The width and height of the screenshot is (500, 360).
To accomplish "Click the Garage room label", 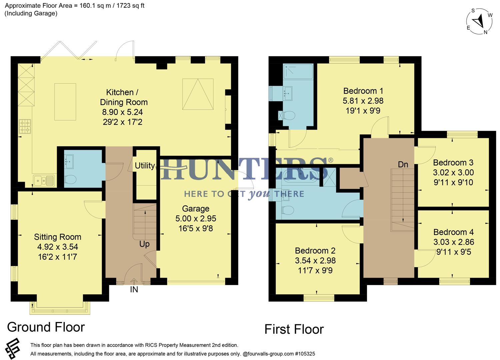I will click(196, 209).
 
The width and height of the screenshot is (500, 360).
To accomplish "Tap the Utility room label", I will click(145, 166).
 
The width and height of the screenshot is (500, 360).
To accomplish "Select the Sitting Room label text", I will click(58, 237).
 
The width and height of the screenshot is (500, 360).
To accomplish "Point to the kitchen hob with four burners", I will click(25, 126).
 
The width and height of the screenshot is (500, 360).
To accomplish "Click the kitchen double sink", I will click(44, 180).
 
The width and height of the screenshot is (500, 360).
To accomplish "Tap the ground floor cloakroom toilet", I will click(70, 180).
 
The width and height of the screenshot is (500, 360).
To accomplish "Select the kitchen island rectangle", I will click(65, 102).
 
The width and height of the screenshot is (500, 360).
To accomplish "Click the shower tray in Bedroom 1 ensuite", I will click(298, 72).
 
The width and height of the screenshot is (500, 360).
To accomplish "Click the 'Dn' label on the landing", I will click(403, 164).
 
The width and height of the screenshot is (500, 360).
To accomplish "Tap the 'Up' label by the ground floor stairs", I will click(144, 244).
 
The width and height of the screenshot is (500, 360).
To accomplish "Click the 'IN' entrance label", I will click(134, 290).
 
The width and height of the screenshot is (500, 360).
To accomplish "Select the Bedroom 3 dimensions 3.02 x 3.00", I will click(453, 173).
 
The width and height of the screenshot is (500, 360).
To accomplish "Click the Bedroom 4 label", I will click(453, 232).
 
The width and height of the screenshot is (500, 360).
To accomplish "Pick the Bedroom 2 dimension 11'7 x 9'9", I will click(315, 270).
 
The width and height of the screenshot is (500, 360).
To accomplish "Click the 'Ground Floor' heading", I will click(46, 327).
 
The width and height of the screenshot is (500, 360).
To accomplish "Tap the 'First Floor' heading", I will click(294, 329).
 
